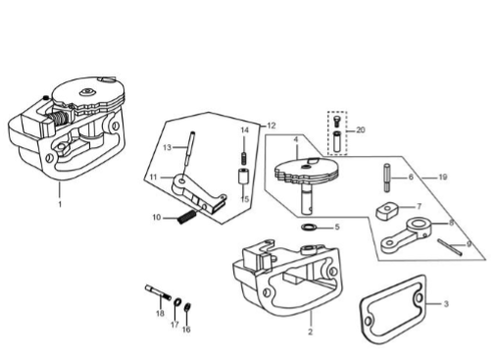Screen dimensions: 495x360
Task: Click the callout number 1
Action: [x=60, y=204]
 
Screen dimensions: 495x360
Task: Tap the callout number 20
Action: [x=360, y=129]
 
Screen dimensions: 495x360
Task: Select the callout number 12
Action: [x=272, y=126]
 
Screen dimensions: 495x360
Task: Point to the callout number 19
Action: [x=442, y=177]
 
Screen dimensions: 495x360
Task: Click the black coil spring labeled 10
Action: [x=187, y=217]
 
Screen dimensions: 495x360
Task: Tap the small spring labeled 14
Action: [x=244, y=159]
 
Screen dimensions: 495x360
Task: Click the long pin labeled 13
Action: [x=190, y=149]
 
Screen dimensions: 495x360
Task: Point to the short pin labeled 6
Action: [x=387, y=178]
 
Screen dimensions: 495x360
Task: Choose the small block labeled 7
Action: [x=387, y=211]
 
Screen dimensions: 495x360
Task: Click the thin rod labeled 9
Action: [x=450, y=247]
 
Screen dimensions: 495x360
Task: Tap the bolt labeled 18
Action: [x=158, y=292]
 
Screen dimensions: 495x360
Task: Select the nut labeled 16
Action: [x=187, y=308]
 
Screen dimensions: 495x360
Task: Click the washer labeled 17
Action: [x=177, y=301]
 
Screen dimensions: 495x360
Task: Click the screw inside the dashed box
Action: [x=336, y=121]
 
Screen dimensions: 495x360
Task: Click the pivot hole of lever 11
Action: [x=181, y=180]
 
